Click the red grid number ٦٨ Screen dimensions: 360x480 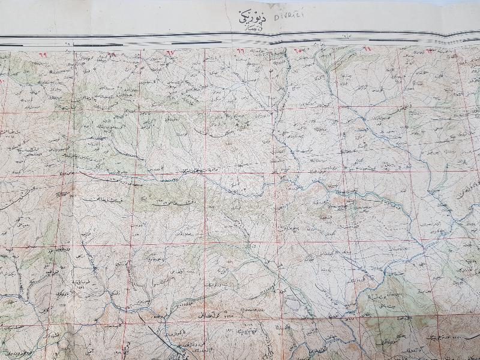(x=112, y=54)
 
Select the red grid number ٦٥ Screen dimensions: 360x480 (x=298, y=50)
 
